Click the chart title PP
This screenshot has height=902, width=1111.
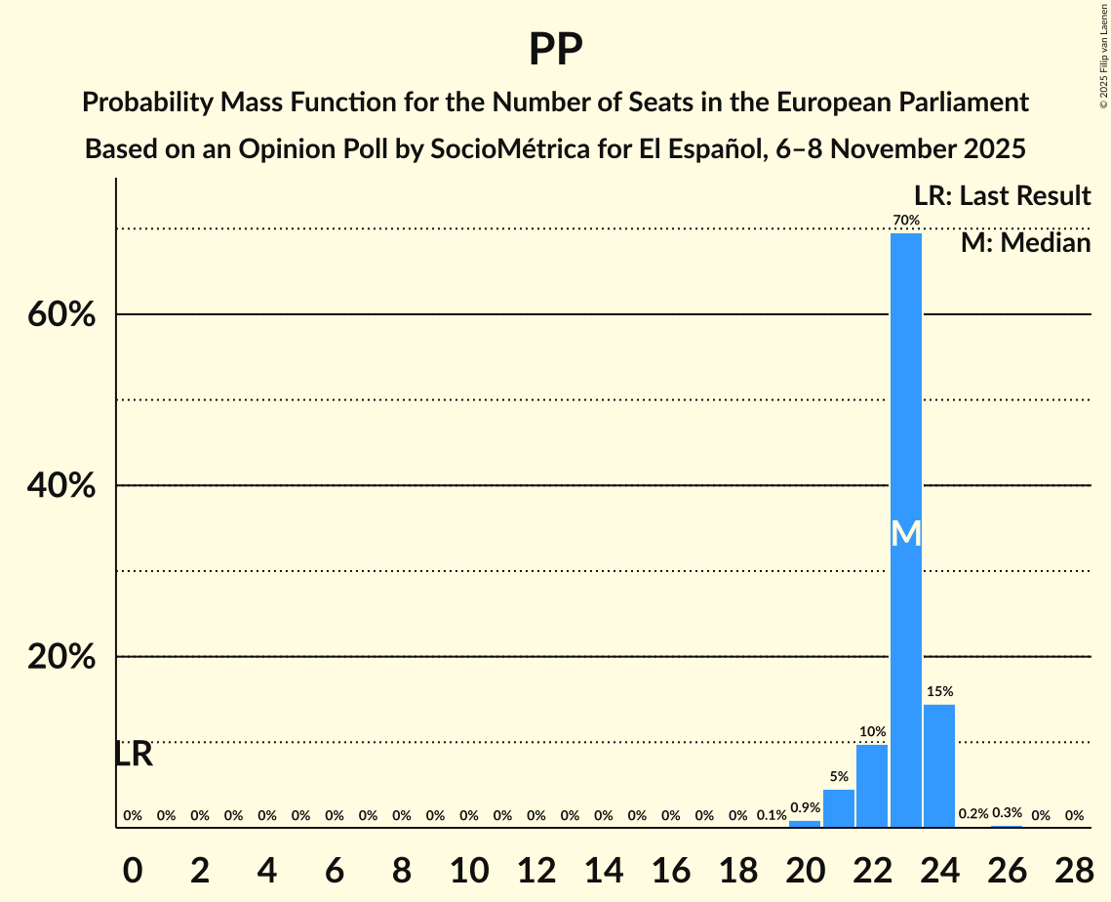(555, 49)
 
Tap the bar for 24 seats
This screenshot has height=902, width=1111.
(939, 765)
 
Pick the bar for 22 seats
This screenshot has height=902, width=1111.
(872, 786)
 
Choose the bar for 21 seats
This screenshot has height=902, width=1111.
(839, 808)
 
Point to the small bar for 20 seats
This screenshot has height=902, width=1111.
(805, 824)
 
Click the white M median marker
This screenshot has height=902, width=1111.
(906, 533)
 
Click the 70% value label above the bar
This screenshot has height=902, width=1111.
(906, 220)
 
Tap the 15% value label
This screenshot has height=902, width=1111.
(939, 691)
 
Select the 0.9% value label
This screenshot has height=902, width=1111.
(805, 807)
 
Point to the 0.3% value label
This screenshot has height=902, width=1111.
(1007, 813)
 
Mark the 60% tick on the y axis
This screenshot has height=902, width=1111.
(61, 315)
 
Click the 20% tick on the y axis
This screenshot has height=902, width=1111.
(61, 657)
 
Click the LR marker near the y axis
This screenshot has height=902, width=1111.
(134, 754)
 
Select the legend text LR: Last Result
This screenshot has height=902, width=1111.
(1002, 195)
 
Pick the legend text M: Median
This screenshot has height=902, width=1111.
(1025, 242)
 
